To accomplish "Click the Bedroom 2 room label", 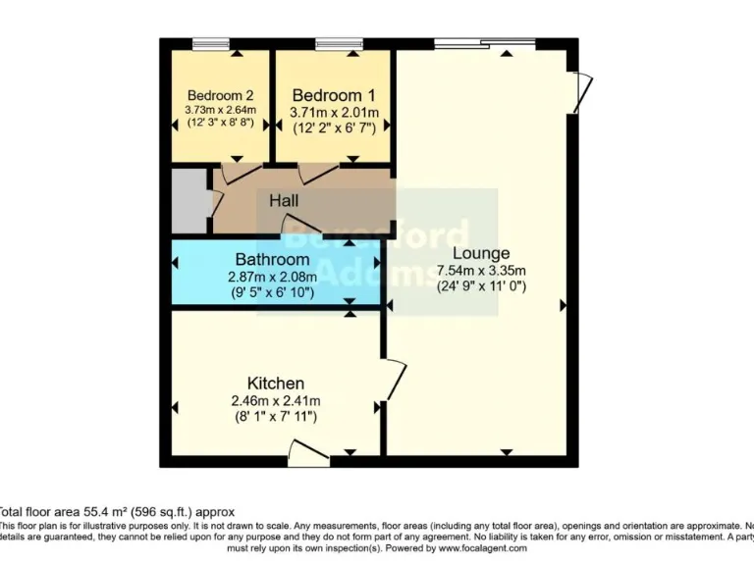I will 221,95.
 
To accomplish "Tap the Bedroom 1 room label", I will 333,95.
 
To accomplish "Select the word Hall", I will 284,200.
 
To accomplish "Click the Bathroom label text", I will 272,260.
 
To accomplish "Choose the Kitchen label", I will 275,383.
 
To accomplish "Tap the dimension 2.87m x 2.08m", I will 274,277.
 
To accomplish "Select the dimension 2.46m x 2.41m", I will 275,400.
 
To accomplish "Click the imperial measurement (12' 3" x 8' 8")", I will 221,124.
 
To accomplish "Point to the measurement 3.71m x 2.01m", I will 333,112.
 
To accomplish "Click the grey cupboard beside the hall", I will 188,201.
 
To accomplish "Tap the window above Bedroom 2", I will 210,43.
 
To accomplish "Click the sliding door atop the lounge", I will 485,43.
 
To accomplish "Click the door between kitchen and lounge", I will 393,379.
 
